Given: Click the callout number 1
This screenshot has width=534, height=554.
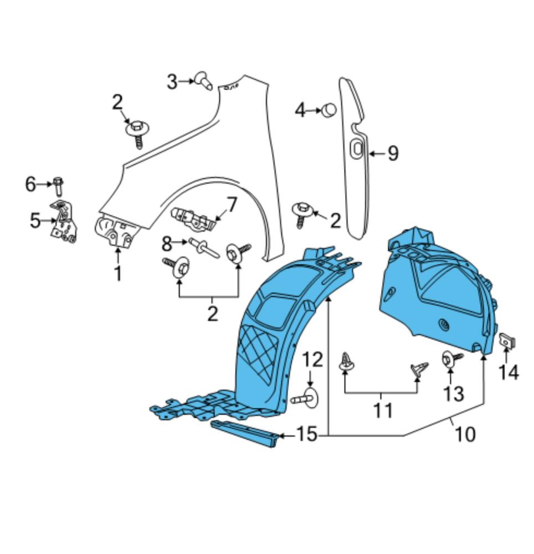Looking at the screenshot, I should [x=117, y=273].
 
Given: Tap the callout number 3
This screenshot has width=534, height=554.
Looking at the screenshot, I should [x=172, y=82].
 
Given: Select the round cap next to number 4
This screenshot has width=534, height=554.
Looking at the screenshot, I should [x=328, y=110].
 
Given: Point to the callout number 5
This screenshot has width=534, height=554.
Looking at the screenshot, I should [x=35, y=221].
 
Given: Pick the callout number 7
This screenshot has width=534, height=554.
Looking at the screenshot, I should [x=230, y=205].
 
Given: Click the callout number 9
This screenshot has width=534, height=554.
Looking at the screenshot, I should [x=393, y=153].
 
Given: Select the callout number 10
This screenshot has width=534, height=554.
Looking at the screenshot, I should [x=466, y=434].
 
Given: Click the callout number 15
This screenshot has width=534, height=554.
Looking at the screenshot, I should [x=306, y=435].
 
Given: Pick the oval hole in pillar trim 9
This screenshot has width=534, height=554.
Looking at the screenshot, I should [x=357, y=148].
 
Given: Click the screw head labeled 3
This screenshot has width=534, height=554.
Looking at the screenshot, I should [x=203, y=81].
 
